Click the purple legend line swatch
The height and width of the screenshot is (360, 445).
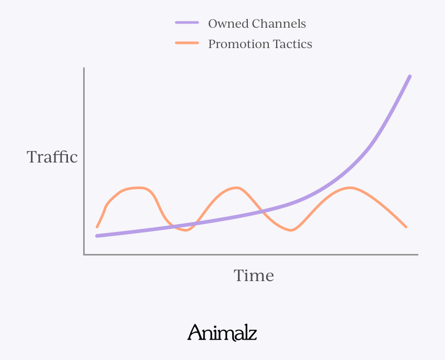187,23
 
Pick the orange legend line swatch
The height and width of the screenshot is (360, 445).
187,43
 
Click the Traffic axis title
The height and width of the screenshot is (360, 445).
52,157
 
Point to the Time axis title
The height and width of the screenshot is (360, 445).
254,275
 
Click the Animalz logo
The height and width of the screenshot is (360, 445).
222,333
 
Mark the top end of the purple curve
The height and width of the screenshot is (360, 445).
410,76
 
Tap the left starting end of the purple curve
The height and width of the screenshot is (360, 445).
97,236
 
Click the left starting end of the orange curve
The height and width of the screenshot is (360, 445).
97,227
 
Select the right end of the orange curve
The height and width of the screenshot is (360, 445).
406,227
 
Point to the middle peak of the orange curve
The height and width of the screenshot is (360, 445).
237,187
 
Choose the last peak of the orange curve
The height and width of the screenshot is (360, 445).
349,187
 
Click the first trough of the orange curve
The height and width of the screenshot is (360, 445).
185,230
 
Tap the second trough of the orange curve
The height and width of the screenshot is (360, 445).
291,230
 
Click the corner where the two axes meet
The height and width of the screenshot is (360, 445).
84,254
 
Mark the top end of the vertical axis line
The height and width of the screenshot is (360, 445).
84,68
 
